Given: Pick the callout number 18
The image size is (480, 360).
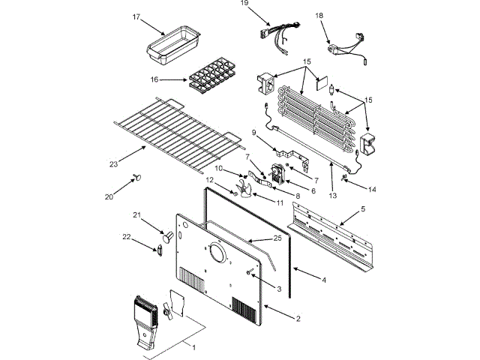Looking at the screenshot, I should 319,15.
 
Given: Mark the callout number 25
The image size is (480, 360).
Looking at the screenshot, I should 277,238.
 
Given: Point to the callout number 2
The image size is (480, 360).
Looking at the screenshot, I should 298,319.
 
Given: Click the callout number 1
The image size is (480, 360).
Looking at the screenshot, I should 194,347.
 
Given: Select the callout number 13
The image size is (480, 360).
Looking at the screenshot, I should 334,196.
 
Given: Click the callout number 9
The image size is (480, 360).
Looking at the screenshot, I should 254,133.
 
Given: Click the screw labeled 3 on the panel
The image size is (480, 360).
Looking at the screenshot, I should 248,271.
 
